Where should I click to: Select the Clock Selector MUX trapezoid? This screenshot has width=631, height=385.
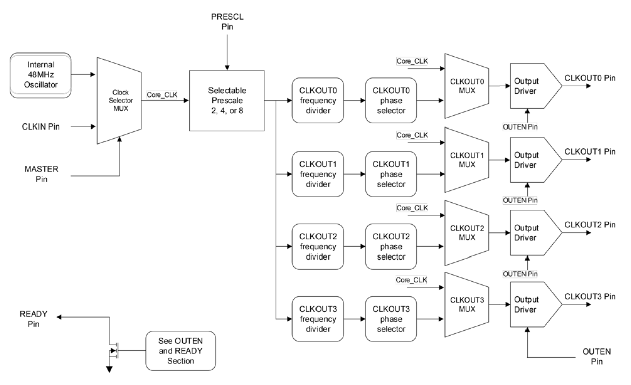click(x=119, y=100)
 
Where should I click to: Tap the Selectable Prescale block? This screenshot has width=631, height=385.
click(x=227, y=100)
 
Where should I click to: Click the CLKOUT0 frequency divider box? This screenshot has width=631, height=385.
click(x=318, y=100)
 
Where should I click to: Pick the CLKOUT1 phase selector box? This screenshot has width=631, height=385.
click(x=391, y=174)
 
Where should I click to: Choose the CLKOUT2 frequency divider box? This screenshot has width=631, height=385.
click(x=318, y=246)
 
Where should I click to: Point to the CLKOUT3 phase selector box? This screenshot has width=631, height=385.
click(x=391, y=319)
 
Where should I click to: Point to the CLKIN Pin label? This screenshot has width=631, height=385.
click(x=41, y=127)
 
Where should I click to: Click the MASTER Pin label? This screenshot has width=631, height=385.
click(x=42, y=173)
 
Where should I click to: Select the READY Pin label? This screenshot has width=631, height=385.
click(x=33, y=318)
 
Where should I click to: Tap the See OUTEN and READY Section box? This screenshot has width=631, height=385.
click(x=180, y=351)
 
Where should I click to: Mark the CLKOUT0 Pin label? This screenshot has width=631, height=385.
click(x=590, y=78)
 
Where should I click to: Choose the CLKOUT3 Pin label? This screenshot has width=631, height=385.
click(x=590, y=297)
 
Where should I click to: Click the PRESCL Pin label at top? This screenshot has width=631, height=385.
click(x=227, y=21)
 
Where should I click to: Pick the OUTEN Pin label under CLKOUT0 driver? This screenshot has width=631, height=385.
click(x=520, y=127)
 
